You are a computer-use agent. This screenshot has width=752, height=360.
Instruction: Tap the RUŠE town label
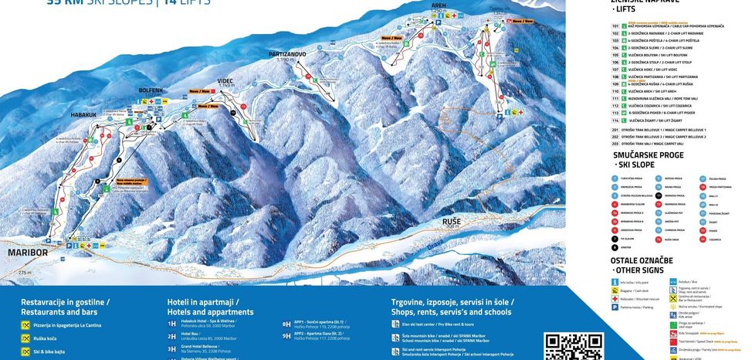451,222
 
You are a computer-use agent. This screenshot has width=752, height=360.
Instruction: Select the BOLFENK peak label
151,90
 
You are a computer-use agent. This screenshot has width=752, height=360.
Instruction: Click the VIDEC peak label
225,80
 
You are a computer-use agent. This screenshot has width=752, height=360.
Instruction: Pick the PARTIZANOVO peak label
287,54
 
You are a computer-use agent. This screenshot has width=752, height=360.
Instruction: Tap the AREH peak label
439,5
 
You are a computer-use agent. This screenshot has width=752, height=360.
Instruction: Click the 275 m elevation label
25,273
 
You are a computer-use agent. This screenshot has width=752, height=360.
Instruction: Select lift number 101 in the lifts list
615,26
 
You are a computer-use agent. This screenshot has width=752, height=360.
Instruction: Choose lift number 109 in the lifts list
615,84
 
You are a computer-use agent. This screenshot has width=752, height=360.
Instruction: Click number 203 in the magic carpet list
615,144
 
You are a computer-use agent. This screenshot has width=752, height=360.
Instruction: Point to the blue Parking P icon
615,307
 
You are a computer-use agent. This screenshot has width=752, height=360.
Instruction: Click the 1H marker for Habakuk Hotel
171,324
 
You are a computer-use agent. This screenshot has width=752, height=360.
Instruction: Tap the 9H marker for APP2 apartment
286,336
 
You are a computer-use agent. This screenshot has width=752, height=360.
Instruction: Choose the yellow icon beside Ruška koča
25,338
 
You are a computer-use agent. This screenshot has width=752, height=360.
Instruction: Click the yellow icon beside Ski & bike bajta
25,352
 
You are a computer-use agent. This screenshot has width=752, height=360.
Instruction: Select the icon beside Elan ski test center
395,324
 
